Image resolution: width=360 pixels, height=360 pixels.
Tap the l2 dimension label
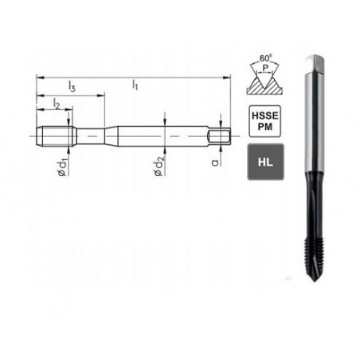click(57, 104)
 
